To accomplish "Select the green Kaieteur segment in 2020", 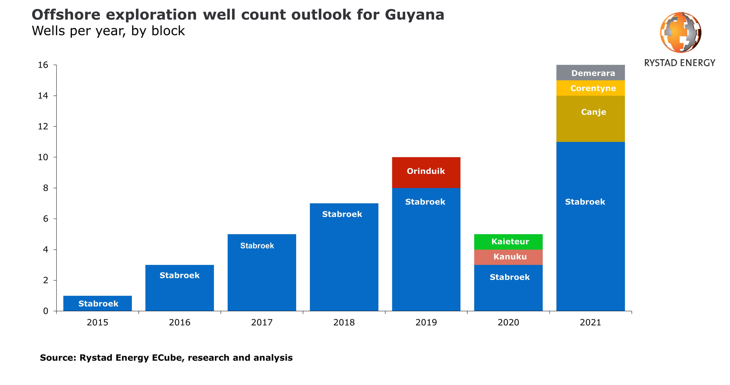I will (x=508, y=242).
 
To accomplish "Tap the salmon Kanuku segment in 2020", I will (x=508, y=257).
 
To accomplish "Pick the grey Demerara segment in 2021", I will (x=590, y=73).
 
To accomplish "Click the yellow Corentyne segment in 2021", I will (x=590, y=88).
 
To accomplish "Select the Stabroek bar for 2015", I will (x=97, y=303).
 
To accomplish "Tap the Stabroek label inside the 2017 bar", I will (x=257, y=246).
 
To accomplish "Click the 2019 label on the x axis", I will (x=426, y=322).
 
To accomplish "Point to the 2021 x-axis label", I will (x=590, y=322).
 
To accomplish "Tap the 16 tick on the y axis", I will (x=43, y=65).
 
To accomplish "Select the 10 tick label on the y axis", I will (x=43, y=157).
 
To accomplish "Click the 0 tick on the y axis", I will (x=46, y=311).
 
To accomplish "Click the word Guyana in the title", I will (x=414, y=15).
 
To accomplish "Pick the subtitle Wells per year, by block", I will (x=108, y=31).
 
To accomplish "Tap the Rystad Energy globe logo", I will (x=680, y=32).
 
